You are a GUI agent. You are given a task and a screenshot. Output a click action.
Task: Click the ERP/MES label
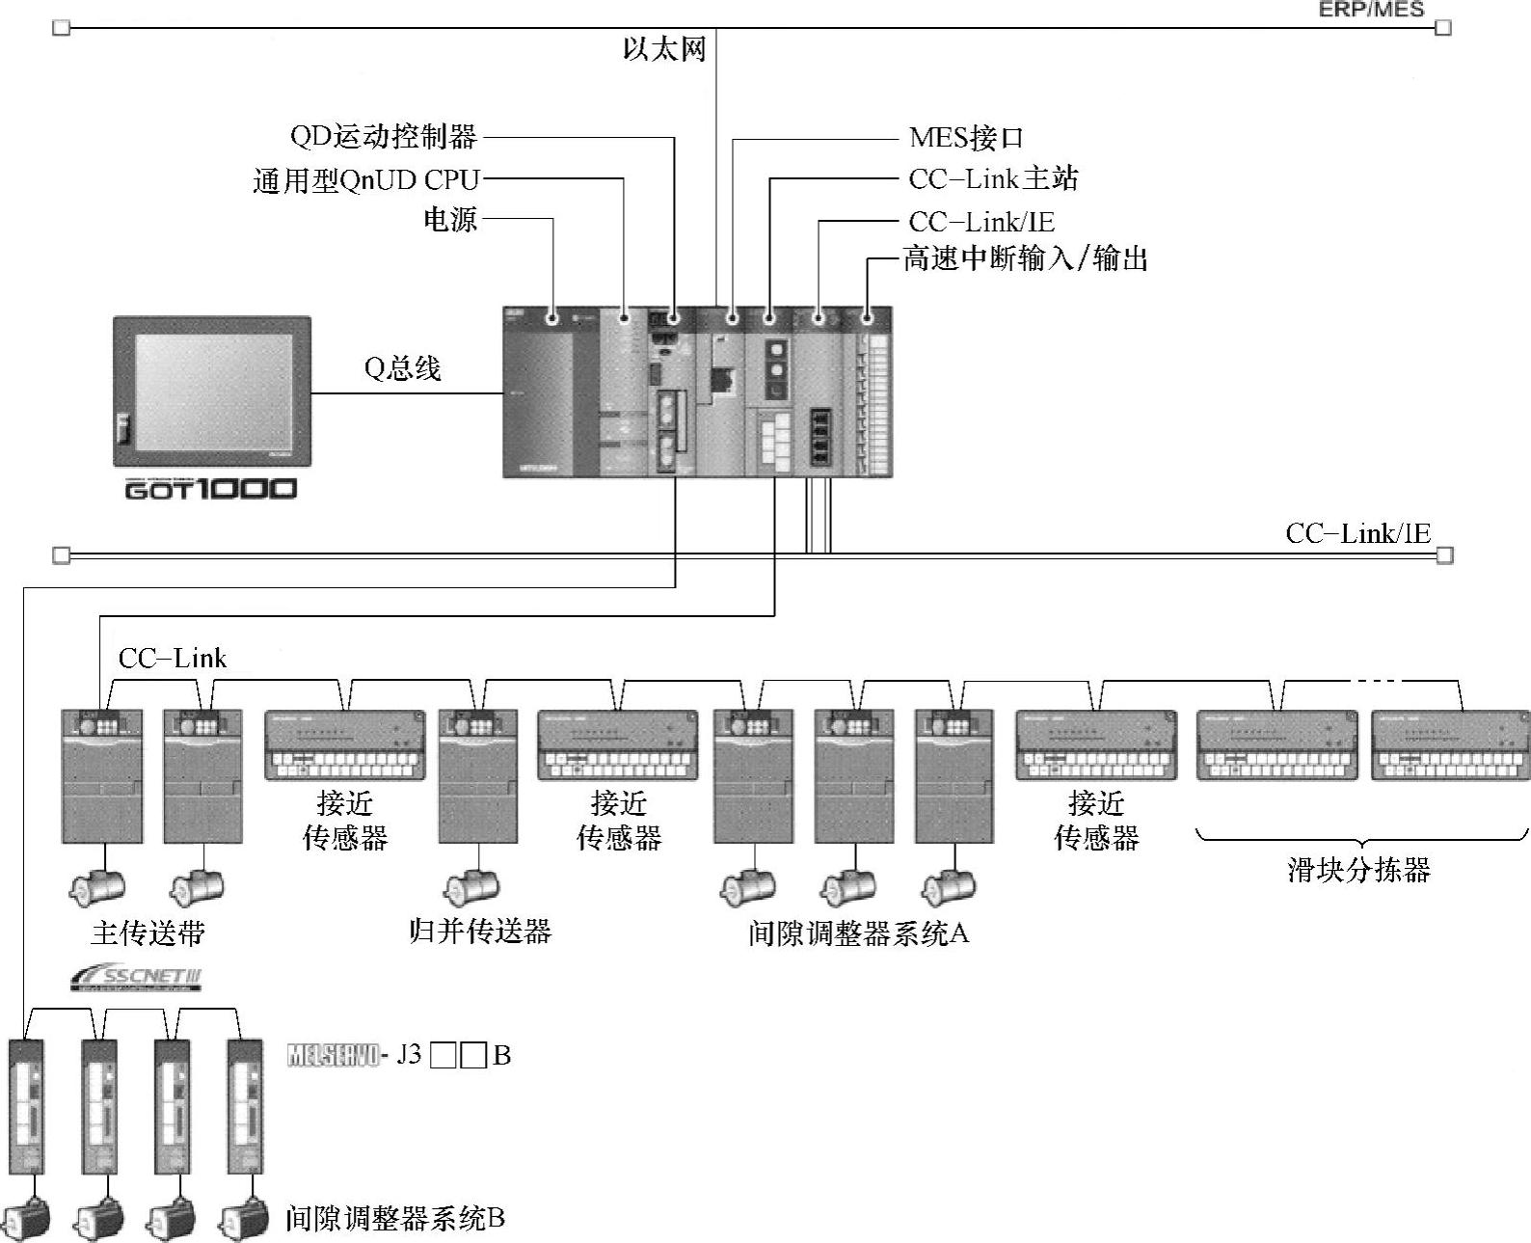[x=1371, y=10]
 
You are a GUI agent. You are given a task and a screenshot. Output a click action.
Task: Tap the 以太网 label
[x=664, y=49]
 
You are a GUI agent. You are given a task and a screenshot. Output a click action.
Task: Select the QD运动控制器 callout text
[x=384, y=137]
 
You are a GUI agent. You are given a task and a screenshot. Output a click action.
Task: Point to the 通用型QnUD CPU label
[x=366, y=180]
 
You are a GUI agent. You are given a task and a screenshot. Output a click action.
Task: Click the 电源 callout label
[x=450, y=220]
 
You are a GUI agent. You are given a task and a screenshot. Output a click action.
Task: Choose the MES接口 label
[x=966, y=138]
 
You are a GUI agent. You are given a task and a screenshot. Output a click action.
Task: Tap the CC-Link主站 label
[x=993, y=179]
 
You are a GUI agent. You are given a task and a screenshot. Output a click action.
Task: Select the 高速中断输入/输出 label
[x=1025, y=259]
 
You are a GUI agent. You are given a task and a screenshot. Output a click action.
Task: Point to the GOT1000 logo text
[x=211, y=489]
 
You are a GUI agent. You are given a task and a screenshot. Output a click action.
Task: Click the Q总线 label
[x=402, y=368]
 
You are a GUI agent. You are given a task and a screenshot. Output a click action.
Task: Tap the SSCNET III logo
[x=137, y=976]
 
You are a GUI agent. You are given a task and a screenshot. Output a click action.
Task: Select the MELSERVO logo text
[x=334, y=1056]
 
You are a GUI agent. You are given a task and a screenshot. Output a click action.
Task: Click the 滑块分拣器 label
[x=1358, y=870]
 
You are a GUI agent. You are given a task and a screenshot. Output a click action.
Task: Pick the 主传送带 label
[x=148, y=932]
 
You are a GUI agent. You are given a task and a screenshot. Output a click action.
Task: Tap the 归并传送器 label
[x=479, y=932]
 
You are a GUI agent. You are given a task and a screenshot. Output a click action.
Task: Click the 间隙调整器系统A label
[x=858, y=933]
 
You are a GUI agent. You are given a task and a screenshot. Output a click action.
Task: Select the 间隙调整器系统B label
[x=394, y=1219]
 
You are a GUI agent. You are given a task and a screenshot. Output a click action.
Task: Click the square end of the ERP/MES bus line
[x=1443, y=28]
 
